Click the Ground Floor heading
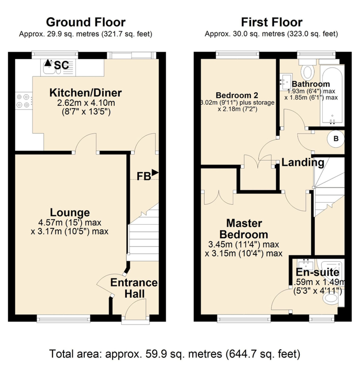[x=86, y=22]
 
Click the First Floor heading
[x=271, y=22]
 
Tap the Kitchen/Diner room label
[x=85, y=93]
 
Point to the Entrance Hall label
[x=134, y=289]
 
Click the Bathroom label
[x=311, y=84]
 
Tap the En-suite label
[x=317, y=273]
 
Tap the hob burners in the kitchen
[x=24, y=100]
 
